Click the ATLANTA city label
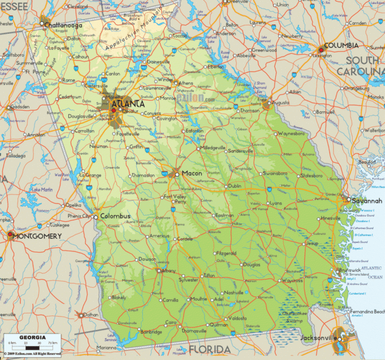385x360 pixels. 129,103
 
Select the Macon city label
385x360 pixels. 192,173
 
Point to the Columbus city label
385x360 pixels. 115,216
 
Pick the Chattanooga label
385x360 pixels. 63,25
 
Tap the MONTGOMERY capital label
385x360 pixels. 38,236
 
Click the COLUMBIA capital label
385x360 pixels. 341,46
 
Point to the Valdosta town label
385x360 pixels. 236,318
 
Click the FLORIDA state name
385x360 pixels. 210,350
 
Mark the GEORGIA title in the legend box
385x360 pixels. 33,338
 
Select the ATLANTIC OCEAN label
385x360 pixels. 374,272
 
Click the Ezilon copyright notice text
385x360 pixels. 32,354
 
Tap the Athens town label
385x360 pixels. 186,83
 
